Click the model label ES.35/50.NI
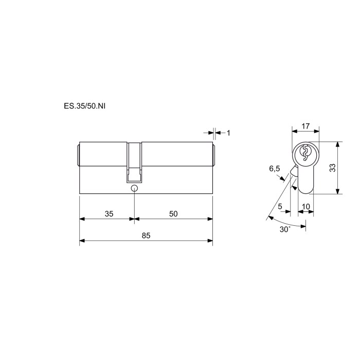pyautogui.click(x=84, y=106)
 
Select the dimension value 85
pyautogui.click(x=146, y=236)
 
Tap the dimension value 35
pyautogui.click(x=109, y=214)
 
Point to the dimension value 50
pyautogui.click(x=173, y=214)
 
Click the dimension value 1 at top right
pyautogui.click(x=228, y=133)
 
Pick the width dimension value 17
pyautogui.click(x=305, y=126)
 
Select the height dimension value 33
pyautogui.click(x=332, y=168)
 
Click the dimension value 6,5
pyautogui.click(x=275, y=169)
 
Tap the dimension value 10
pyautogui.click(x=306, y=207)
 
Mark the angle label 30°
pyautogui.click(x=285, y=229)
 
